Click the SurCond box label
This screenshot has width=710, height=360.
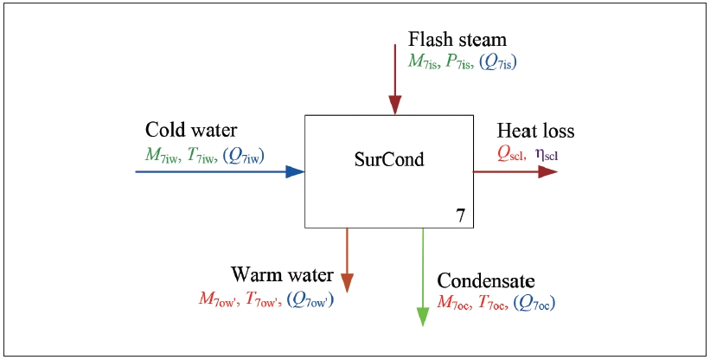click(389, 161)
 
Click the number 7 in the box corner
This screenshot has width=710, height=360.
click(461, 217)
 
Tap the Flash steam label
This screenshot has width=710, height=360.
click(457, 40)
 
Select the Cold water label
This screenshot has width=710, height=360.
click(191, 131)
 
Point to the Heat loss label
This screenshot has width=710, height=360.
click(535, 132)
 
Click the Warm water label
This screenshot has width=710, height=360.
click(282, 275)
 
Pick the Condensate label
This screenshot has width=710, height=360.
click(486, 281)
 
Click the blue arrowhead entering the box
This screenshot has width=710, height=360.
click(295, 171)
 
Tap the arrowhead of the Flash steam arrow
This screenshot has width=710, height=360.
click(395, 105)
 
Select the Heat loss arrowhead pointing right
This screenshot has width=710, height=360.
click(548, 171)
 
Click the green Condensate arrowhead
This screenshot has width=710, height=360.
click(423, 317)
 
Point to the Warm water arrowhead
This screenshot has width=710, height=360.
click(347, 283)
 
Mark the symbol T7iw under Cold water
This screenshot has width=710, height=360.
click(202, 153)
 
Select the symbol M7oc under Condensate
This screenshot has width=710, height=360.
click(455, 303)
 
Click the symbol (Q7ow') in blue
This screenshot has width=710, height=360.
click(310, 299)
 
